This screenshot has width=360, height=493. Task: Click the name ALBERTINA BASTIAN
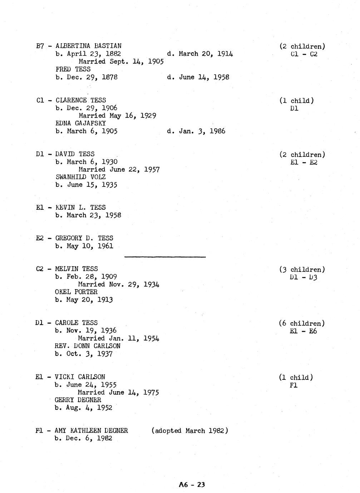(x=88, y=46)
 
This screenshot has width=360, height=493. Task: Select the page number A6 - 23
(x=192, y=484)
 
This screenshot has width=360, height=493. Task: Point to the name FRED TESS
(x=73, y=69)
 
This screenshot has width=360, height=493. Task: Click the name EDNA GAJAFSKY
(x=80, y=123)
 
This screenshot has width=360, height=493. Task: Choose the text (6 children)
(x=302, y=323)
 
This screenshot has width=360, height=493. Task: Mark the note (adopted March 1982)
(x=190, y=430)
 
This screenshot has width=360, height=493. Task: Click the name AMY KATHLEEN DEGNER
(x=91, y=430)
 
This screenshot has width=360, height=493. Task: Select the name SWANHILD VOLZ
(x=80, y=177)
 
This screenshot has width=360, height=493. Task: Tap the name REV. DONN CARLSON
(x=87, y=346)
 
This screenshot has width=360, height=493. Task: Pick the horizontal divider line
(x=165, y=257)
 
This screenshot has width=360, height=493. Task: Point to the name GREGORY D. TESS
(x=84, y=238)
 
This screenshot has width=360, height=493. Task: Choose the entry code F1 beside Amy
(x=39, y=430)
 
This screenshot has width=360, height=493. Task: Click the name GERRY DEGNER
(x=78, y=400)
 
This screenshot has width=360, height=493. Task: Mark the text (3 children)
(x=302, y=269)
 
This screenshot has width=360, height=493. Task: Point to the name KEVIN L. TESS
(x=80, y=207)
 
